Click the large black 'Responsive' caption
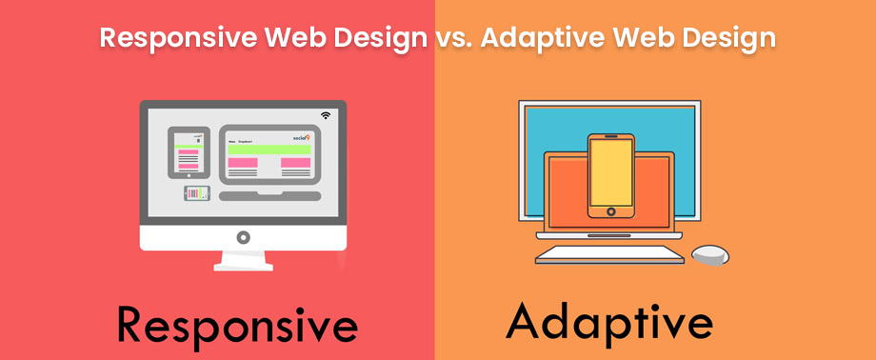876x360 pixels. click(237, 326)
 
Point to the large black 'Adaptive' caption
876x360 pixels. click(609, 322)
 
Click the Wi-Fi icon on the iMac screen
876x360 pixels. click(326, 115)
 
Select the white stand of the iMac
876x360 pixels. click(243, 260)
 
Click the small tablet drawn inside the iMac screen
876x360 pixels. click(189, 152)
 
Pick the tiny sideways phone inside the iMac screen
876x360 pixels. click(196, 193)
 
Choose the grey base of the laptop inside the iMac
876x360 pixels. click(270, 196)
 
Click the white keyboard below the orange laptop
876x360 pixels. click(609, 254)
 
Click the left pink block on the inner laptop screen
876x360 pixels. click(242, 163)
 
